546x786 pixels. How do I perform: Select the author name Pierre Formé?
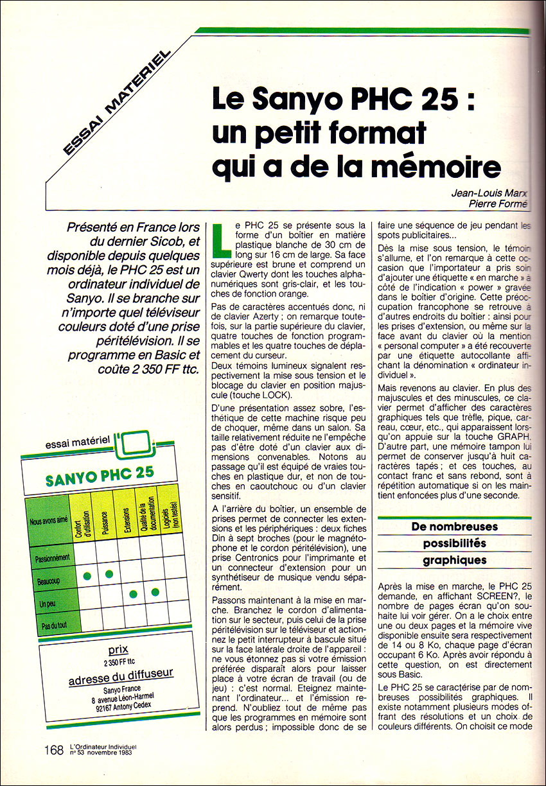(498, 204)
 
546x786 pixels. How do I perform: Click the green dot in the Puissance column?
(109, 573)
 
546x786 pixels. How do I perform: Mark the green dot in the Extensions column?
(133, 594)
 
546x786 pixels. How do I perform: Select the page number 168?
(54, 749)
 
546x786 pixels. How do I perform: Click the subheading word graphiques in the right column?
(454, 560)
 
